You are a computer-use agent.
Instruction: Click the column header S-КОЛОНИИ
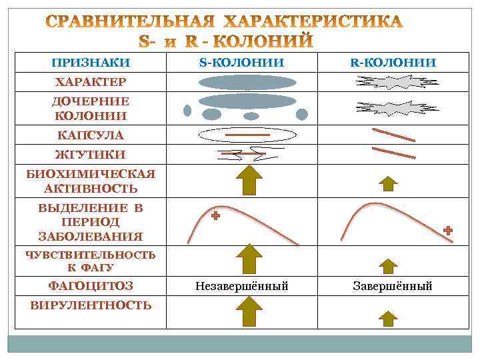[241, 63]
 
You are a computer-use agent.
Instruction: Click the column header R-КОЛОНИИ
[393, 63]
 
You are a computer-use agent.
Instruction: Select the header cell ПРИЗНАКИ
[91, 63]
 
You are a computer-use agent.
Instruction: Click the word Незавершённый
[241, 287]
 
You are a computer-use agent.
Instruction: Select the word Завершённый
[393, 287]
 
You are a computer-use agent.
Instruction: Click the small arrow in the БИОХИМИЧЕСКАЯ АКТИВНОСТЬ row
[389, 183]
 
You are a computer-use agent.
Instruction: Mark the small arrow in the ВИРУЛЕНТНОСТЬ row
[389, 316]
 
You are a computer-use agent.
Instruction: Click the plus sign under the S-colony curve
[215, 217]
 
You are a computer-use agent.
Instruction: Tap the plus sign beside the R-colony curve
[448, 230]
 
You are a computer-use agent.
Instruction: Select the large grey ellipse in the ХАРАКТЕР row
[247, 83]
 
